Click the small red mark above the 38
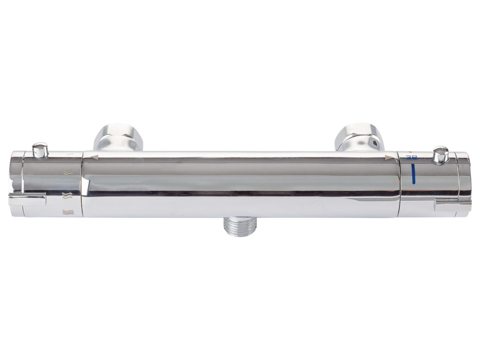(x=410, y=152)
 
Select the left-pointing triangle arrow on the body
(x=94, y=156)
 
